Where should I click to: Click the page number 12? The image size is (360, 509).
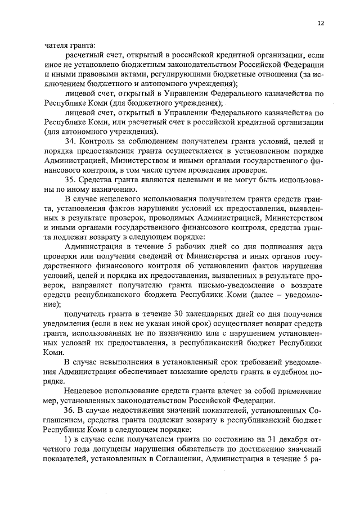tap(321, 23)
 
